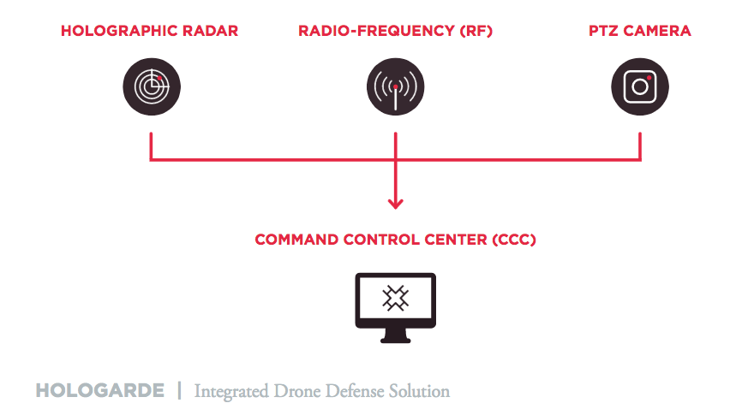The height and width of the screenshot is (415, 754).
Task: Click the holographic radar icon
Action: pyautogui.click(x=151, y=86)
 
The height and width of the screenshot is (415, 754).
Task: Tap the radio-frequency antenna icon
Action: pyautogui.click(x=395, y=86)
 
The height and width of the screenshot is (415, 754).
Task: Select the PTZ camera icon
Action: pyautogui.click(x=639, y=86)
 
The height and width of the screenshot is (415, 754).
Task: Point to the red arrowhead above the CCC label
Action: pyautogui.click(x=395, y=203)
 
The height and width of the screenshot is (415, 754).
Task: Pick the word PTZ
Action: pyautogui.click(x=605, y=31)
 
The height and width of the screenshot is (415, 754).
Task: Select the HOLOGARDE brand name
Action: pyautogui.click(x=99, y=391)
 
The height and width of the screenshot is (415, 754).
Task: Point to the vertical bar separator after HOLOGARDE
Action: pyautogui.click(x=179, y=391)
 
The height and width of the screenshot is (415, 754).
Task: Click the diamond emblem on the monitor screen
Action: pyautogui.click(x=395, y=299)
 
